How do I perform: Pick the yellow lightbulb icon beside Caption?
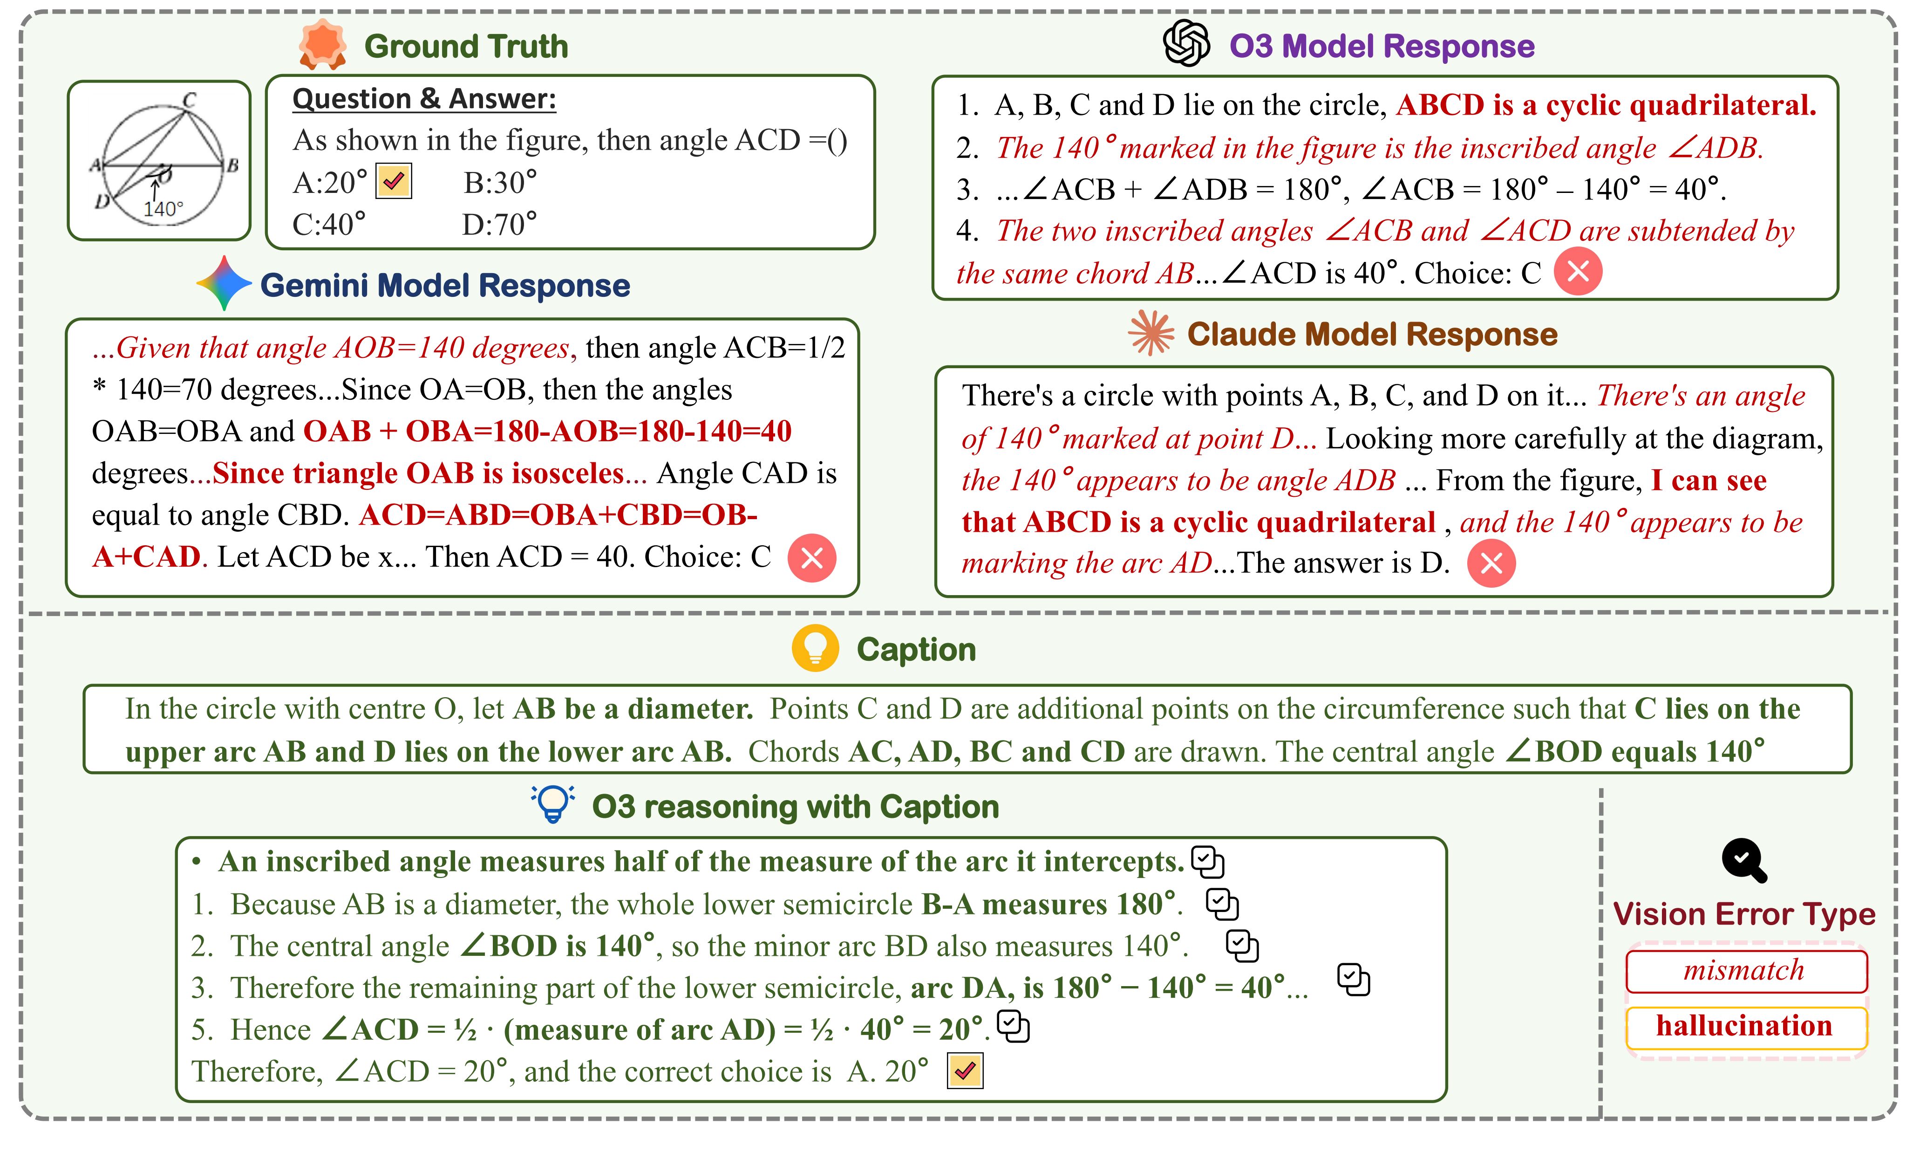(x=815, y=648)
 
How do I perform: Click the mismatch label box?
(x=1745, y=970)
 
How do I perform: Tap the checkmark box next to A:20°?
(x=394, y=182)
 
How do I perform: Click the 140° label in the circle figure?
(x=163, y=209)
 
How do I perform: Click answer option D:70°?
(x=499, y=225)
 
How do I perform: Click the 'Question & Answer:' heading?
(x=424, y=99)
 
